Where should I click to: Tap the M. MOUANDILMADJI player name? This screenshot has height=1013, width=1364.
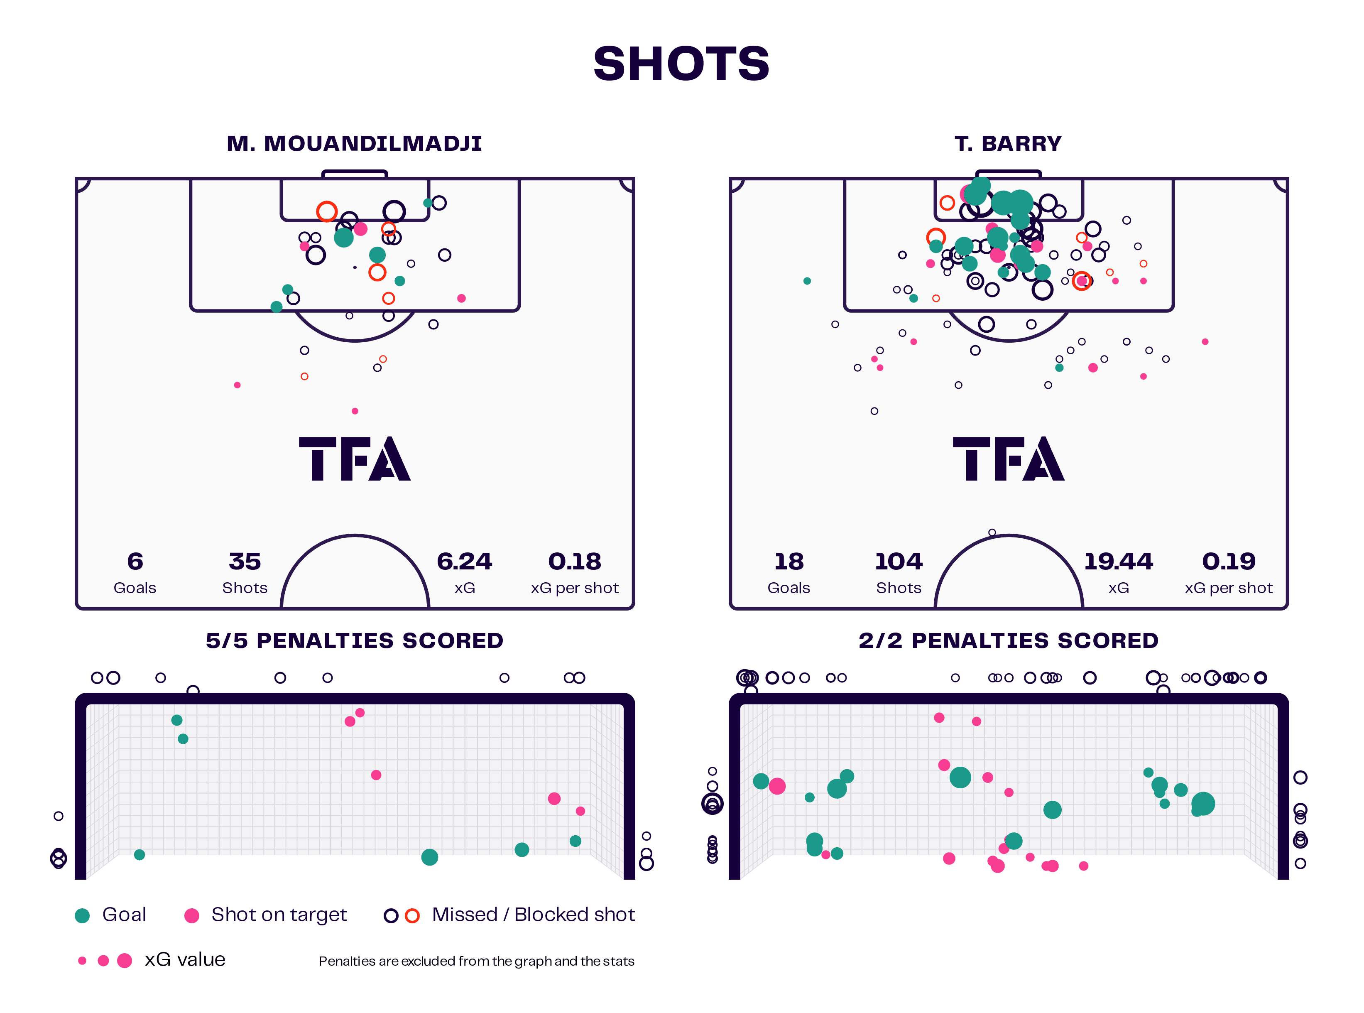(x=354, y=143)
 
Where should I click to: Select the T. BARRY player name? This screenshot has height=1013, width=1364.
(x=1008, y=143)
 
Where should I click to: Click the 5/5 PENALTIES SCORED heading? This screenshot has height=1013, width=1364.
(x=354, y=641)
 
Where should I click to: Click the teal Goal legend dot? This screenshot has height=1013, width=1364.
(x=82, y=915)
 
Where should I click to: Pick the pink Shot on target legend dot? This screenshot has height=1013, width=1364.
(x=192, y=915)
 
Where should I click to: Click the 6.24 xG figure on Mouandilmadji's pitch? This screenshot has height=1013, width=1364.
(x=464, y=561)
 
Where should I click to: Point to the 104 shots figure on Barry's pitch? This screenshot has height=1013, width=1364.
(x=898, y=561)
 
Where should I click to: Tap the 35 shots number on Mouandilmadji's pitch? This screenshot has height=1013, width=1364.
(x=245, y=561)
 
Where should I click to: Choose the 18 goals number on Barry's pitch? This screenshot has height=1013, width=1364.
(x=789, y=561)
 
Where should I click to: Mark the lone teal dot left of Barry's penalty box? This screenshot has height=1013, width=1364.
(x=807, y=281)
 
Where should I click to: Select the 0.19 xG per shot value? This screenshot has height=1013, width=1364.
(x=1229, y=561)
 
